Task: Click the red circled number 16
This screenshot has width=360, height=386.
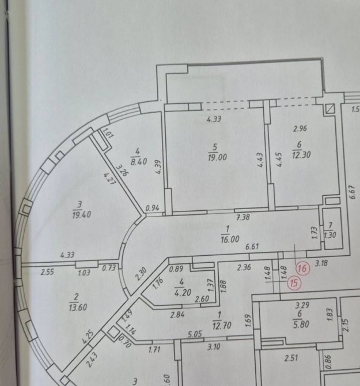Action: coord(302,268)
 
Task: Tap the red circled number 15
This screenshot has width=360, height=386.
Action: coord(294,283)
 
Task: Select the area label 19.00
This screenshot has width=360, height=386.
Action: coord(217,157)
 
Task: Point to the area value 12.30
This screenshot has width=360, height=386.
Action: coord(301,155)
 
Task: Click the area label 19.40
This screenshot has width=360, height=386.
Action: coord(81,214)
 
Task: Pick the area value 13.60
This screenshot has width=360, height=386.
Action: coord(78,308)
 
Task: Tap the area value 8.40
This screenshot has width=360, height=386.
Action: coord(139,161)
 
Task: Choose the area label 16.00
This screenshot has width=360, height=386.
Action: coord(230,239)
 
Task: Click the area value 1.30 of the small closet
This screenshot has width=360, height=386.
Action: coord(330,235)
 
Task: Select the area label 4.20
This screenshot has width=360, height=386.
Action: coord(183,293)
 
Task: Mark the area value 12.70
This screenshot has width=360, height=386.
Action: coord(222,326)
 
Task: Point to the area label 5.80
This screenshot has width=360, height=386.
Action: coord(301,324)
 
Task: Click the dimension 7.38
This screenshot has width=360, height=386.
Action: coord(243,217)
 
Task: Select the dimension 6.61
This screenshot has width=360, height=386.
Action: coord(252,247)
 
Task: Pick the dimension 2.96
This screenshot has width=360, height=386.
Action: coord(300,128)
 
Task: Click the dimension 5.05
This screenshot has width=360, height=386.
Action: coord(195,334)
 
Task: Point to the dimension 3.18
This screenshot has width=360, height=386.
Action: coord(321,263)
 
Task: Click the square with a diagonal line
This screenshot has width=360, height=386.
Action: coord(330,108)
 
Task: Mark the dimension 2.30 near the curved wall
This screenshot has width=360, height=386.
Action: coord(141,274)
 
